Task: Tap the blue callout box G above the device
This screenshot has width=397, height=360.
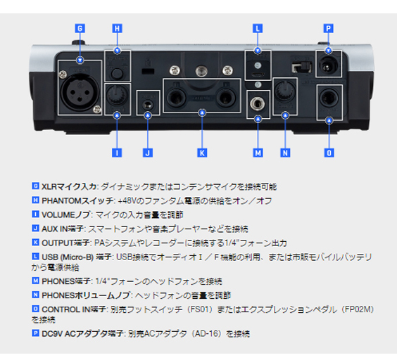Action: [x=80, y=29]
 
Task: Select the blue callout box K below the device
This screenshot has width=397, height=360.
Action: [x=203, y=152]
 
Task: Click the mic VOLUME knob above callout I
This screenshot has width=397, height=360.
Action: [x=117, y=94]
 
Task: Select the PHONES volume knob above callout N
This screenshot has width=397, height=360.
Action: [x=285, y=93]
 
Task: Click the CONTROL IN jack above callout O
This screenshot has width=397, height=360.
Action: [x=329, y=96]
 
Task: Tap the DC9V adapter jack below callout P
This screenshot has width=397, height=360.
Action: [x=328, y=65]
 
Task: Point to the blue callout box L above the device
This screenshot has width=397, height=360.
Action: [x=258, y=29]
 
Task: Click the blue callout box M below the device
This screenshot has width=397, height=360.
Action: [x=258, y=152]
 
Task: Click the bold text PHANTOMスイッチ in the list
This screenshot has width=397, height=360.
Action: [x=70, y=201]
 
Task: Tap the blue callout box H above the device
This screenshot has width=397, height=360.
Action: [x=117, y=29]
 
